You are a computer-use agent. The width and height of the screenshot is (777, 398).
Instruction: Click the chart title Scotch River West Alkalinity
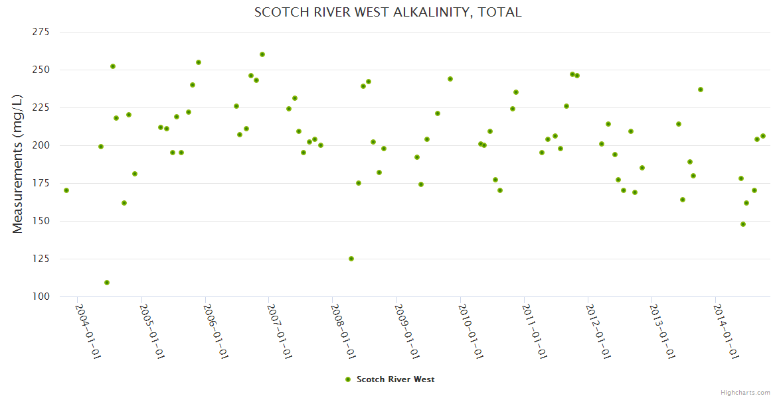[388, 13]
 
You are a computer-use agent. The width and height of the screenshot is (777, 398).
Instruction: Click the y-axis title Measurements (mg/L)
[18, 164]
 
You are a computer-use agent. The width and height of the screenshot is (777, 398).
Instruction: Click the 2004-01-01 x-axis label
[88, 331]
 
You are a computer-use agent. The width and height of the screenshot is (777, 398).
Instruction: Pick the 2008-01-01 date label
[343, 331]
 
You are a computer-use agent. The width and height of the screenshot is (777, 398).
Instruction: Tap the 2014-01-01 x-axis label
[726, 331]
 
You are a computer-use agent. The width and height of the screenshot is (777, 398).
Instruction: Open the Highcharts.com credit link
[745, 392]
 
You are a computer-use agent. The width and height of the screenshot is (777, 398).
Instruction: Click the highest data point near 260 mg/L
[262, 54]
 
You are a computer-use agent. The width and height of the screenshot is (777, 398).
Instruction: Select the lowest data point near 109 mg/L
[107, 283]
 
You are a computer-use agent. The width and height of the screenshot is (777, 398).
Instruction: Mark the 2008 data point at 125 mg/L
[351, 259]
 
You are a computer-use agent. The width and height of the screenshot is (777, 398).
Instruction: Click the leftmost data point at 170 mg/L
[66, 190]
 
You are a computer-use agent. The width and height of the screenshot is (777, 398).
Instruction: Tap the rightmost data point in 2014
[763, 136]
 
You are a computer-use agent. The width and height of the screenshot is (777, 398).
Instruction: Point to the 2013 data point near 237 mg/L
[701, 90]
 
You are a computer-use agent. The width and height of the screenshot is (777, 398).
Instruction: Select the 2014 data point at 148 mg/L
[743, 224]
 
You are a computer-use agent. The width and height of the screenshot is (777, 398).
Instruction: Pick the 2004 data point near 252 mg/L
[113, 66]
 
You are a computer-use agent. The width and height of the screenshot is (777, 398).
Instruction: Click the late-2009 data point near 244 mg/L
[450, 79]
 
